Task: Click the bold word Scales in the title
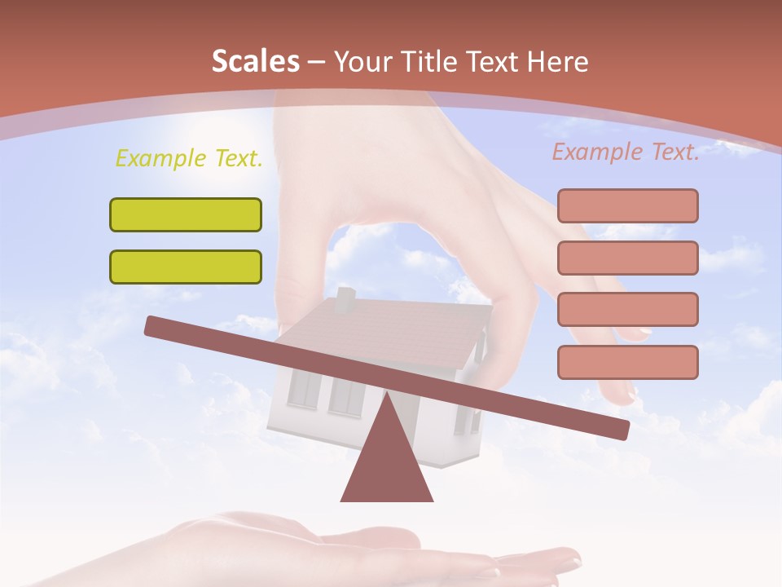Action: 255,61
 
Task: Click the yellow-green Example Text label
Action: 189,158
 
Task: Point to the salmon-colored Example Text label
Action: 626,152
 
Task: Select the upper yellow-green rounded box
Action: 186,214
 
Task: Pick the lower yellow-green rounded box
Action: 186,267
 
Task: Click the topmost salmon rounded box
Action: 627,205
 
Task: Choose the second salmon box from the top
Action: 627,258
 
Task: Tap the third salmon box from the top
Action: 627,309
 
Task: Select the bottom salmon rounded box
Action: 627,362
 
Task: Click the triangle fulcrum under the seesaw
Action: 387,465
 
